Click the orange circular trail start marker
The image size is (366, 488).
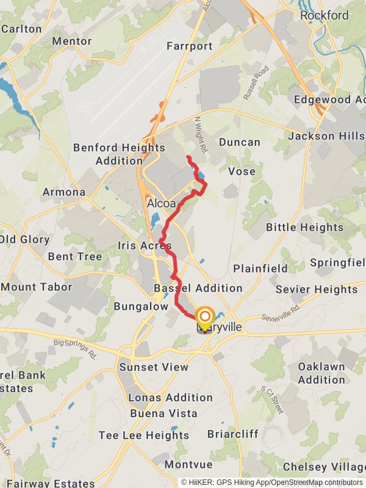click(x=204, y=316)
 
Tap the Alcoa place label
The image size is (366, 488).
click(x=162, y=204)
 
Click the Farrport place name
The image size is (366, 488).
click(x=189, y=46)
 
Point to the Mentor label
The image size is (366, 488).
click(x=71, y=41)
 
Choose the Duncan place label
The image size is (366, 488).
click(x=240, y=142)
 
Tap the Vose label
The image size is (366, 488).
click(x=242, y=171)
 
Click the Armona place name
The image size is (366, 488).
click(x=64, y=192)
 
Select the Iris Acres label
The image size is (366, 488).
click(x=145, y=246)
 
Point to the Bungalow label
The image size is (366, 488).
click(x=141, y=306)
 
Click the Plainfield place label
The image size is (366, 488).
click(x=260, y=268)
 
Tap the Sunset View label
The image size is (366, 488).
click(x=154, y=367)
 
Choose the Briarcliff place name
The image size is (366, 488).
click(x=233, y=434)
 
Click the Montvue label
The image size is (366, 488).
click(x=188, y=464)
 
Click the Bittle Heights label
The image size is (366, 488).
click(x=304, y=227)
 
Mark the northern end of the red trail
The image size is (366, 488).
click(x=187, y=157)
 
